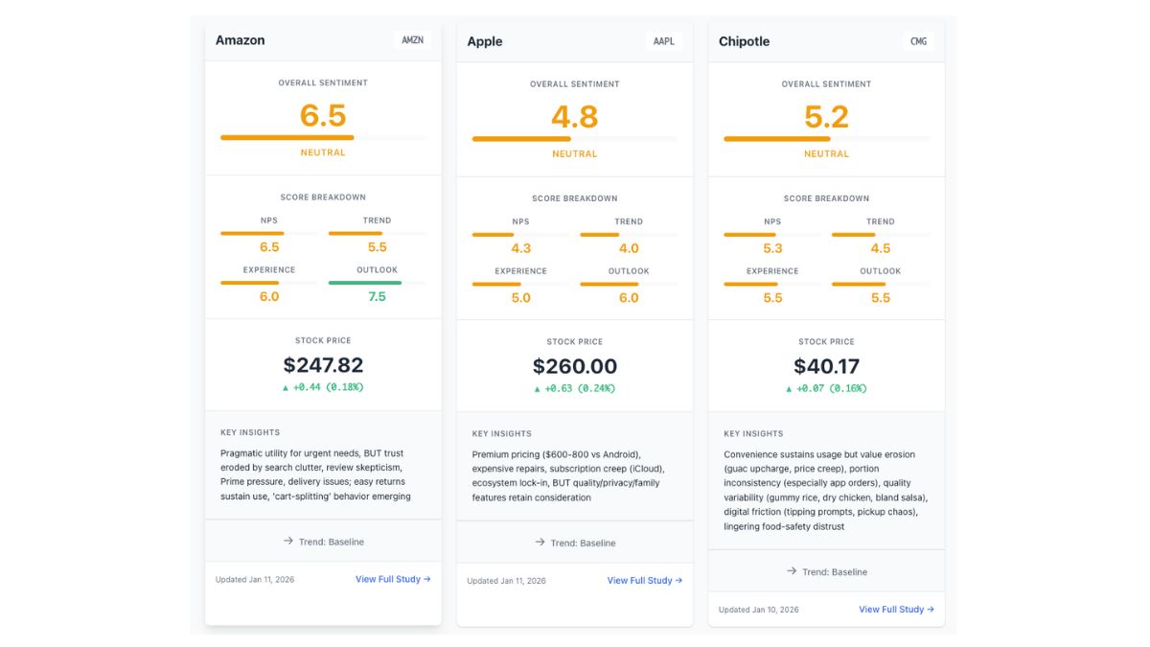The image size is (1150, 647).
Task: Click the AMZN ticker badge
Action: point(412,40)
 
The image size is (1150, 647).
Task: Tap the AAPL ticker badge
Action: point(663,41)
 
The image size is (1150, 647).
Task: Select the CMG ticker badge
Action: point(918,41)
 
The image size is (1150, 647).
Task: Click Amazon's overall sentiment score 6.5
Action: point(323,116)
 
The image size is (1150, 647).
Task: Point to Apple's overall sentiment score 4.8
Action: point(575,117)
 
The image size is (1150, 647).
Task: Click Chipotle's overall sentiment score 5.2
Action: point(826,117)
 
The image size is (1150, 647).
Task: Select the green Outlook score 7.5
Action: point(377,296)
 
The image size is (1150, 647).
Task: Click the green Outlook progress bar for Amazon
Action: point(365,283)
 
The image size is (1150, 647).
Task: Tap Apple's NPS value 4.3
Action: point(520,248)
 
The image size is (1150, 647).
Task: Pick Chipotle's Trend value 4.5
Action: point(880,248)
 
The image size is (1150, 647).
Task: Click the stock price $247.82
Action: point(323,365)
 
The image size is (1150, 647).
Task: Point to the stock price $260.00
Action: point(575,366)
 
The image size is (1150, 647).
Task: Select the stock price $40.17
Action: point(826,366)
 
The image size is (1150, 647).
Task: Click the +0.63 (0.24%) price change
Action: point(575,389)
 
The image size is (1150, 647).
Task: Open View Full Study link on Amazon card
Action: point(393,579)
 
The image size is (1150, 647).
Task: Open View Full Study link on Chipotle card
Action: point(896,609)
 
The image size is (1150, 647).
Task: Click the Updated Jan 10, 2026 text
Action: point(758,610)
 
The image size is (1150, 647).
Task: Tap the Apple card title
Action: point(485,41)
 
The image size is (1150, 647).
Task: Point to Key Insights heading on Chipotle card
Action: point(753,433)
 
